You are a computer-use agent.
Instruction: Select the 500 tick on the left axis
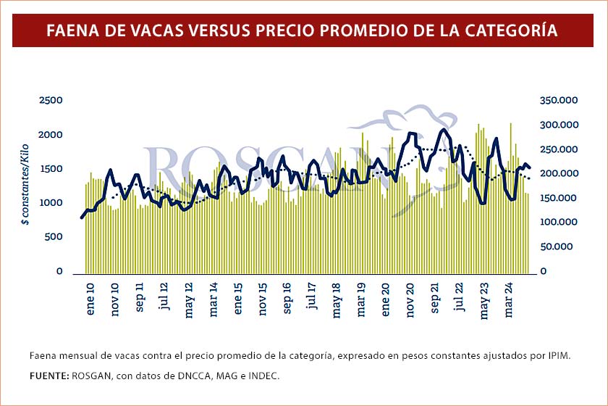click(x=51, y=237)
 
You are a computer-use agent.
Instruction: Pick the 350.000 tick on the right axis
click(x=557, y=101)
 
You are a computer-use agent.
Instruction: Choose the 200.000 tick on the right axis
click(x=557, y=173)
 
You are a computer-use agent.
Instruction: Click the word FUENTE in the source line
click(x=48, y=376)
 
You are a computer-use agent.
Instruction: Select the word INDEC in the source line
click(x=263, y=376)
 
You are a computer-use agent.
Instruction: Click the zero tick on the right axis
click(x=543, y=272)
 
